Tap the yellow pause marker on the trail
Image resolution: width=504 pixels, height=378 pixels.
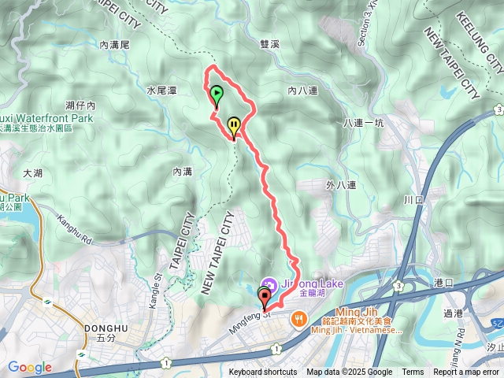pos(234,125)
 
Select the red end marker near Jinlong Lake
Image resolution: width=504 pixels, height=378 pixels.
pos(265,297)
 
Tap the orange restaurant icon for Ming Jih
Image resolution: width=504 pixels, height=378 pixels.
pos(298,319)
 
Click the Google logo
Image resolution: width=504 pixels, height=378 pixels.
pos(29,368)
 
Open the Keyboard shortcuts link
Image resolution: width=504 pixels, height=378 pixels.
pos(263,372)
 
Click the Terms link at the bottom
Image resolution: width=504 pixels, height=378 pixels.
pos(413,372)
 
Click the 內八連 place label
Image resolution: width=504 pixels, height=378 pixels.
pos(302,91)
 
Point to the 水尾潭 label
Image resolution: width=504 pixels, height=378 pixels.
pos(161,91)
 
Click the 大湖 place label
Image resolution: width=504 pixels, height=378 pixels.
pos(32,172)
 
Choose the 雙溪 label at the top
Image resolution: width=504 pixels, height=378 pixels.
pos(269,46)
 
